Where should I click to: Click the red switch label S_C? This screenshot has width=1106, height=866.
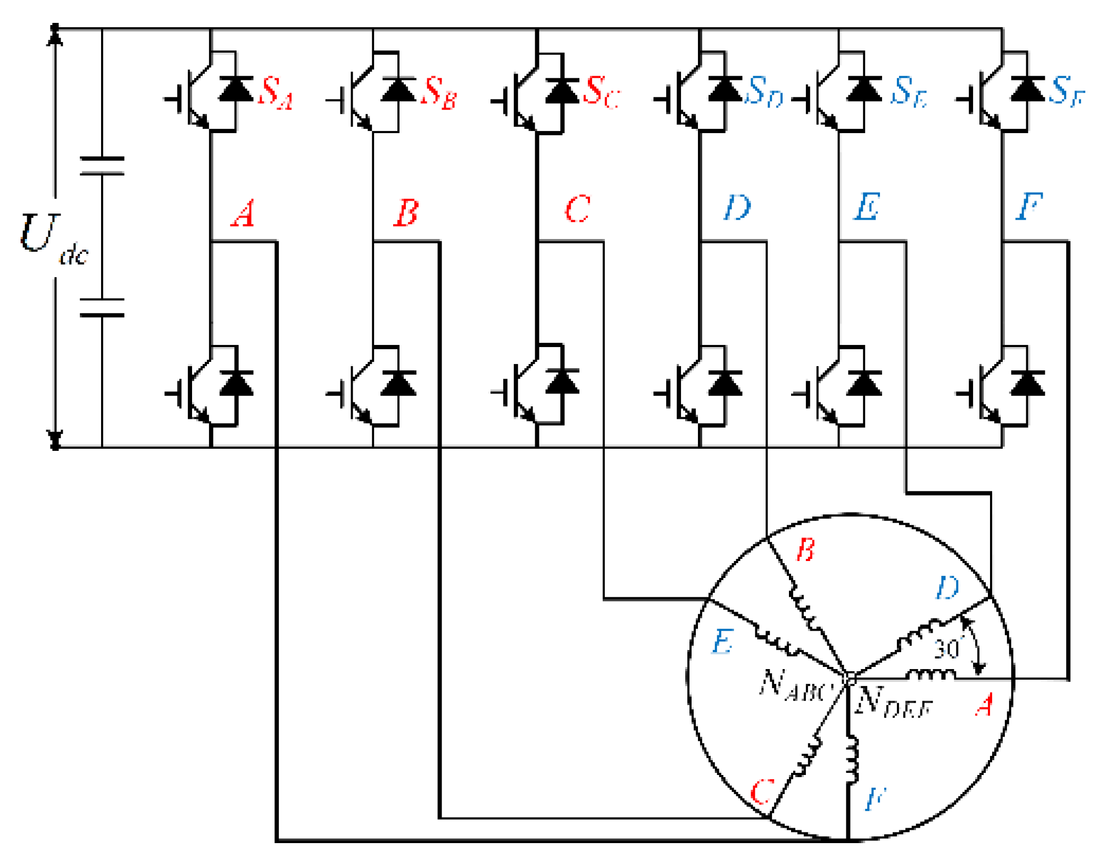(x=601, y=92)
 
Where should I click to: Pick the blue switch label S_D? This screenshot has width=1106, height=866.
(x=763, y=91)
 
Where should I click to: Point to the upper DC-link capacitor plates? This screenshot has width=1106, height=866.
(x=102, y=166)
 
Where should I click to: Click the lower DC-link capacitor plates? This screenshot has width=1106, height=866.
(x=102, y=307)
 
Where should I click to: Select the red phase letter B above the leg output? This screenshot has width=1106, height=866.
(x=406, y=212)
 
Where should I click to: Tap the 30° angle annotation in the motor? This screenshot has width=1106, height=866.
(x=947, y=648)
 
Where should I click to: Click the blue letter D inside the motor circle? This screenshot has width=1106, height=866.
(x=946, y=588)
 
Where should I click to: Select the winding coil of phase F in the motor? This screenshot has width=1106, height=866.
(x=852, y=758)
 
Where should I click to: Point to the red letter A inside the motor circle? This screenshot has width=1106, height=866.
(x=984, y=705)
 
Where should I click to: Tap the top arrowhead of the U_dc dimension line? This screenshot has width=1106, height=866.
(x=55, y=35)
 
